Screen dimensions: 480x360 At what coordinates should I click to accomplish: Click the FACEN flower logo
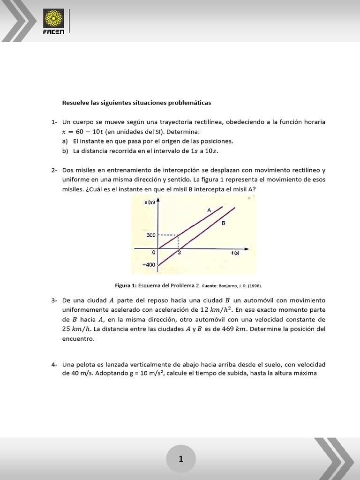tap(53, 18)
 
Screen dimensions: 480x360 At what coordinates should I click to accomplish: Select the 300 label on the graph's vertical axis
tap(151, 235)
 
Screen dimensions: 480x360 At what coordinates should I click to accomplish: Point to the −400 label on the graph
tap(149, 265)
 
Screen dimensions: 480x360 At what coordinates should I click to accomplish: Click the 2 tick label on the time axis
tap(179, 253)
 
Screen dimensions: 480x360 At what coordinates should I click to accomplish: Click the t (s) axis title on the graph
tap(235, 253)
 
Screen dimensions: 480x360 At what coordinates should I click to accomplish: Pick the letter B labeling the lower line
tap(223, 223)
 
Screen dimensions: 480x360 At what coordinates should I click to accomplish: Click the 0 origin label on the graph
tap(153, 253)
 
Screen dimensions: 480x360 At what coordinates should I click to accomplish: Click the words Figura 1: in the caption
tap(125, 285)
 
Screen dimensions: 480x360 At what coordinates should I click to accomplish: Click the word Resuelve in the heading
tap(75, 102)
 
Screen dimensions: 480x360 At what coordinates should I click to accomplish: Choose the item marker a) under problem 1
tap(65, 141)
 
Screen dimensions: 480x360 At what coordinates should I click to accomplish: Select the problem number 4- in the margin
tap(54, 364)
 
